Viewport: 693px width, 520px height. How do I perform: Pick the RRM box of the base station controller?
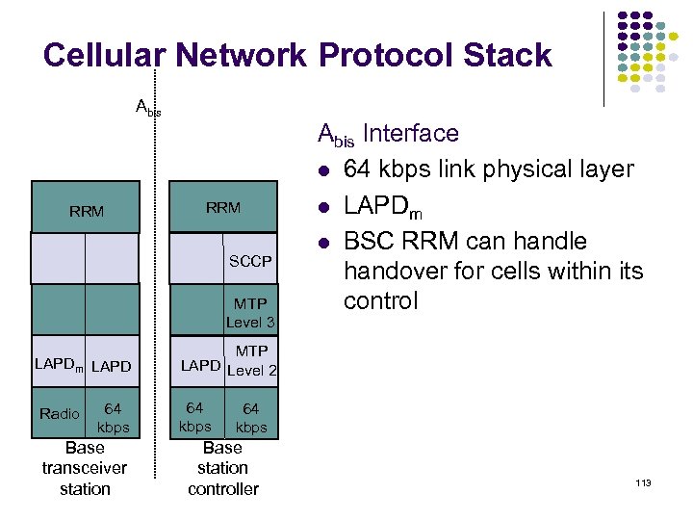coord(222,207)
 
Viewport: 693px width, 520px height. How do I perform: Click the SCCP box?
coord(249,261)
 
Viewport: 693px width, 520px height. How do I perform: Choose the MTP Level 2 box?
coord(251,360)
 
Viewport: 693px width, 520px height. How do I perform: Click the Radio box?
coord(59,414)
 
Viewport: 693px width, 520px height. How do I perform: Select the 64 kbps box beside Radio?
coord(113,417)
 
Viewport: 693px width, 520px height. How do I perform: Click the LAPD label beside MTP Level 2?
coord(200,366)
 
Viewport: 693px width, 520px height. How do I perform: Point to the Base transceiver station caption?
coord(85,468)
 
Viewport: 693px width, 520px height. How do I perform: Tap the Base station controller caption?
coord(222,468)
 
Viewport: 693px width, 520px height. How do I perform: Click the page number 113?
coord(643,481)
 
